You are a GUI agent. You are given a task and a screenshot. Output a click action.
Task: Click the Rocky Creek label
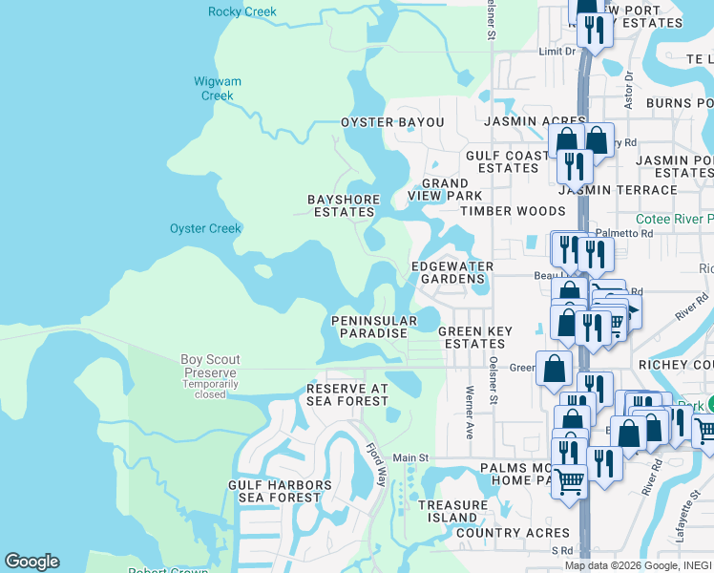(242, 12)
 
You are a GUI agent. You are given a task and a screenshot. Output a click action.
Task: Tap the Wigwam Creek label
(218, 88)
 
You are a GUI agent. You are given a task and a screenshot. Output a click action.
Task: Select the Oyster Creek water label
(205, 229)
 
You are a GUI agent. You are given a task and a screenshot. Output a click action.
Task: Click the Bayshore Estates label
(344, 206)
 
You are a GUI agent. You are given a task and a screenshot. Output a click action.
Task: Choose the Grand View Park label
(445, 189)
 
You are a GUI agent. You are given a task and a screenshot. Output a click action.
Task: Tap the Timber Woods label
(513, 211)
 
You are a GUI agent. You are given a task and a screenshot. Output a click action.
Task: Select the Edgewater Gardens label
(452, 272)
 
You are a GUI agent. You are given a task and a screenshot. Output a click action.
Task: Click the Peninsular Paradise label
(373, 327)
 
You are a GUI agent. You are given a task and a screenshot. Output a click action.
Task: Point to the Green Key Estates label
(475, 338)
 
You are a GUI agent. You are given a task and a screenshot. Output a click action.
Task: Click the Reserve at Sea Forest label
(347, 395)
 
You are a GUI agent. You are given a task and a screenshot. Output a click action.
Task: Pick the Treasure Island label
(452, 511)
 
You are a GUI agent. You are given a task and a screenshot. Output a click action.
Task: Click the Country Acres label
(513, 533)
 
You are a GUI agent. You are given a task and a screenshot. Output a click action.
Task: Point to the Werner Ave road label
(470, 406)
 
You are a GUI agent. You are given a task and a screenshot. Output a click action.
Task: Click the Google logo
(32, 562)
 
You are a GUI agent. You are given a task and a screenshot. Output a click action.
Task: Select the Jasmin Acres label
(521, 122)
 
